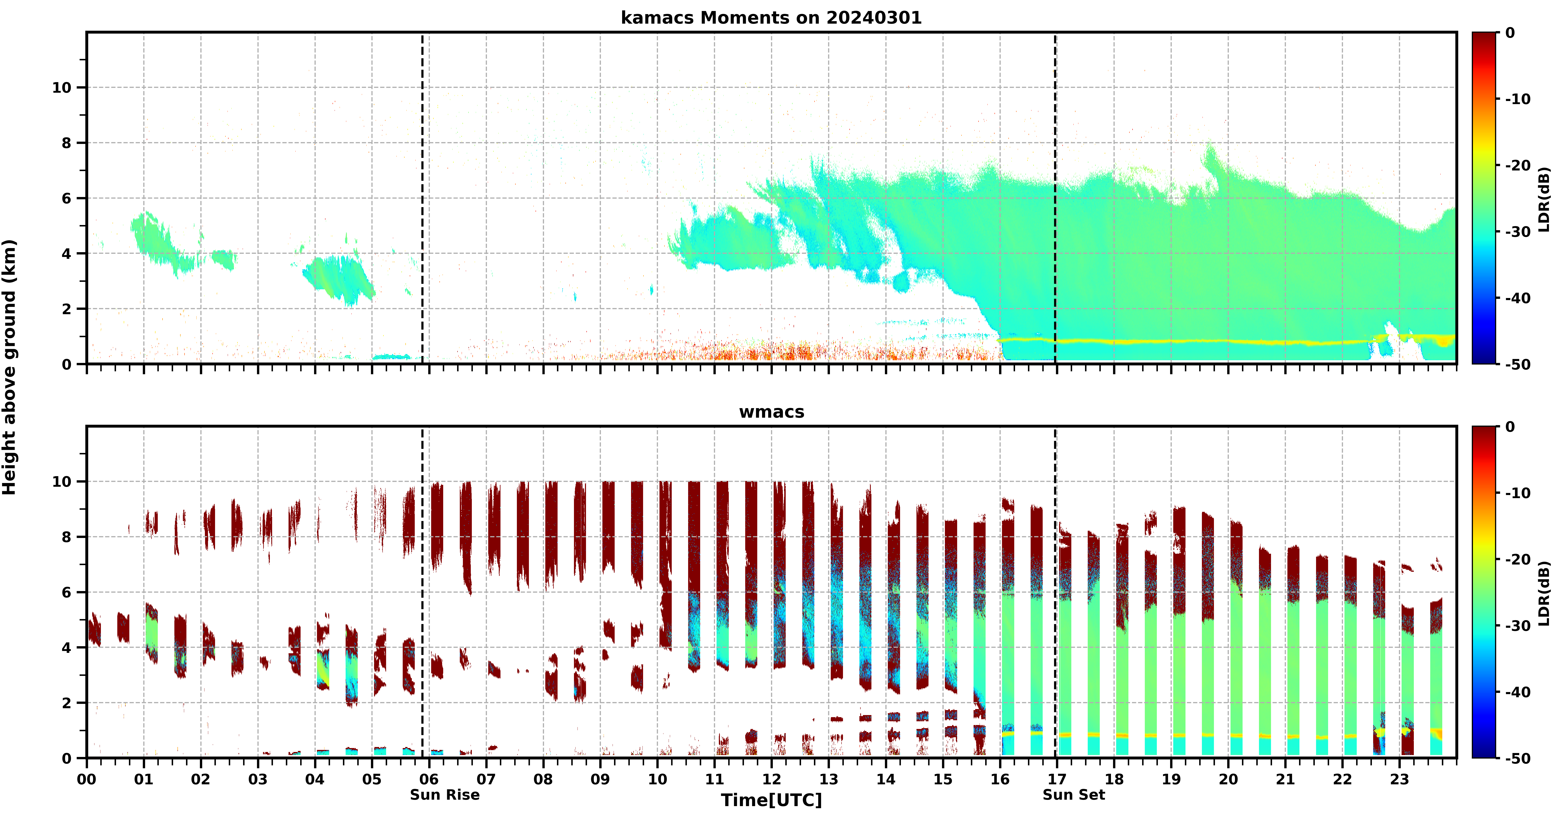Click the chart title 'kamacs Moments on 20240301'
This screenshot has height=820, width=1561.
click(771, 18)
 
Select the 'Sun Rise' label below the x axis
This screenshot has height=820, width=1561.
click(445, 794)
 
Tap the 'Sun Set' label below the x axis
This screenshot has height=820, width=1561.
click(1074, 794)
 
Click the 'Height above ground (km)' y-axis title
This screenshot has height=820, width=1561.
click(9, 367)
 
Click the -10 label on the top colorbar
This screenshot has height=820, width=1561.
click(1518, 99)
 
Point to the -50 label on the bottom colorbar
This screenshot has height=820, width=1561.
click(1518, 758)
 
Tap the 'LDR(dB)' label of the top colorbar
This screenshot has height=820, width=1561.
click(1544, 199)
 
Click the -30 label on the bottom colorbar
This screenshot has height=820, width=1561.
click(1518, 626)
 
